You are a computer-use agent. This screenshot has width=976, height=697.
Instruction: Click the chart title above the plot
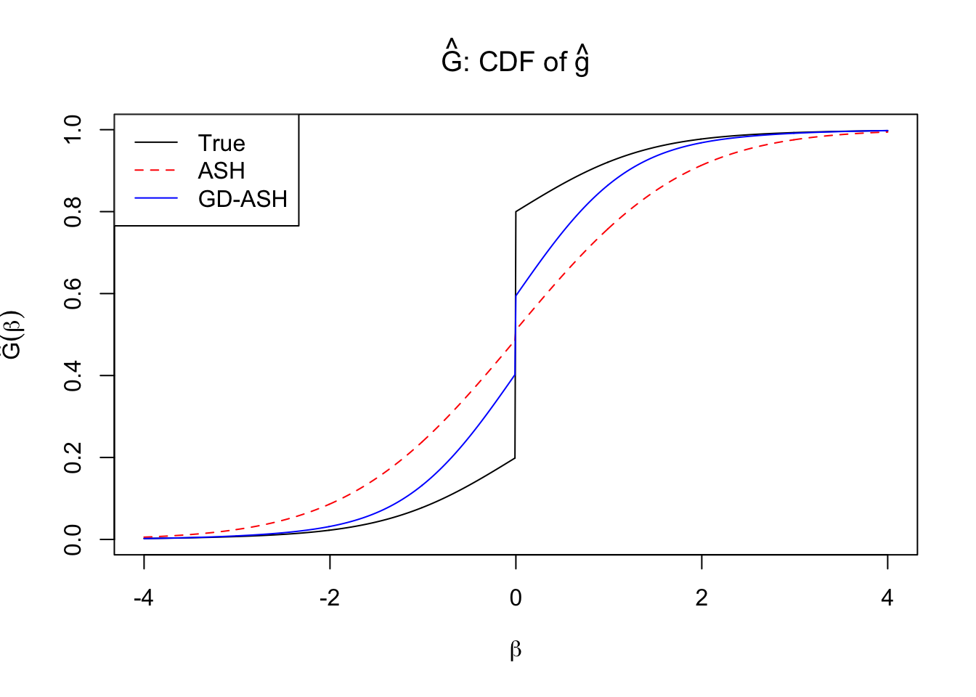pos(516,61)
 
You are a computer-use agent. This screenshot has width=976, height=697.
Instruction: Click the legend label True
pos(221,143)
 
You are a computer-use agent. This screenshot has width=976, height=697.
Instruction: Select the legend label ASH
pos(221,171)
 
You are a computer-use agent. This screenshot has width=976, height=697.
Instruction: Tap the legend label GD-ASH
pos(243,199)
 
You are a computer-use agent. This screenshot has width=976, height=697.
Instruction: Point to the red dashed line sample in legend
pos(155,171)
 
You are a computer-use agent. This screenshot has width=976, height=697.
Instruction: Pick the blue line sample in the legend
pos(155,198)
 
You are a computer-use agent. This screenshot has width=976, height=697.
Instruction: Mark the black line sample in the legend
pos(155,143)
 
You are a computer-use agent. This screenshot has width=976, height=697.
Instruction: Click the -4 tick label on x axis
pos(144,598)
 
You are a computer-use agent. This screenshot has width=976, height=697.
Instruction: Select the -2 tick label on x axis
pos(330,598)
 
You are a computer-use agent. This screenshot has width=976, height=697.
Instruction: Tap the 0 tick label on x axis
pos(516,598)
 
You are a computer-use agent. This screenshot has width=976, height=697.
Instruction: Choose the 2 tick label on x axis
pos(701,598)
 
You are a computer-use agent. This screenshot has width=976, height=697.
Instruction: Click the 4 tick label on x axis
pos(887,598)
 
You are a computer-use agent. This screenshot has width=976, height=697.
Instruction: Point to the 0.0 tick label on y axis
pos(73,539)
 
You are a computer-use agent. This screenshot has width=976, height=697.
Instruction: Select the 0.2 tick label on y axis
pos(73,457)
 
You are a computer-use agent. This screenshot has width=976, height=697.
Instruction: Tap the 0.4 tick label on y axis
pos(73,375)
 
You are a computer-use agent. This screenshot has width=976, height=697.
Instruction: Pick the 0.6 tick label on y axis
pos(73,293)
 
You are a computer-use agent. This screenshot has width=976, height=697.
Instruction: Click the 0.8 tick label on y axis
pos(73,211)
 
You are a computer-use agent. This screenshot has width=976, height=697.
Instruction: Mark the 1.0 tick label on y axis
pos(73,129)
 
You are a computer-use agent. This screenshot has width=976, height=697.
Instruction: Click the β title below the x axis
pos(516,650)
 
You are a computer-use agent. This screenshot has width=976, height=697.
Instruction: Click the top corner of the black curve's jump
pos(516,212)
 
